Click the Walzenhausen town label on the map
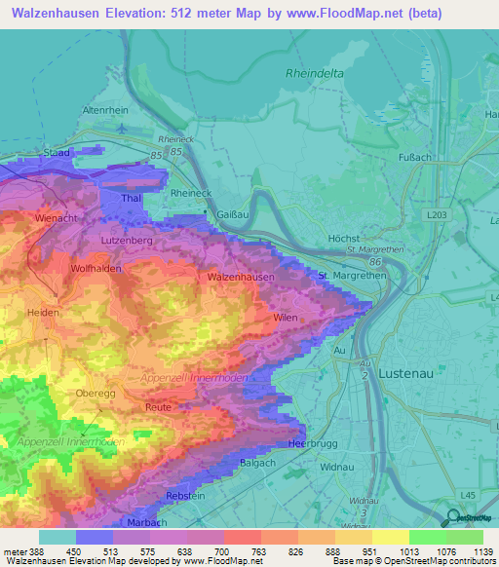tap(241, 277)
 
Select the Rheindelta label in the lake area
tap(316, 73)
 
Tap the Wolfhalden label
tap(96, 268)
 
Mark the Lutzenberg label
tap(126, 238)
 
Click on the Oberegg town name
tap(96, 394)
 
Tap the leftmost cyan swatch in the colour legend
tap(58, 537)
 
